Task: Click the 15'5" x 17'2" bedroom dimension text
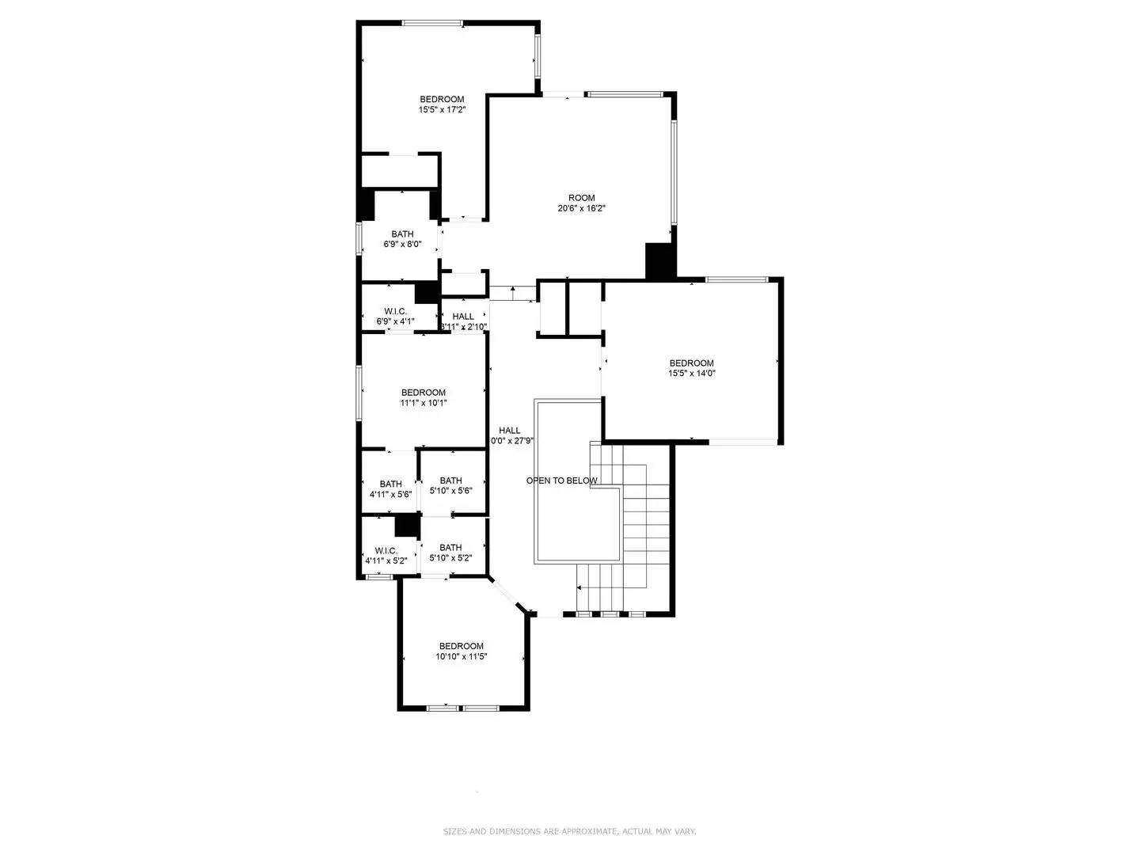pos(442,110)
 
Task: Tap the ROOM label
pos(581,198)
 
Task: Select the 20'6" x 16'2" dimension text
pos(581,209)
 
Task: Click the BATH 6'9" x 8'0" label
pos(402,239)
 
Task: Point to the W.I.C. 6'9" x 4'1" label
pos(395,317)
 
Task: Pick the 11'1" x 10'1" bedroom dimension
pos(424,403)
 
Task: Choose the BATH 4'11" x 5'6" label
pos(390,489)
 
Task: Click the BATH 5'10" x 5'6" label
pos(450,485)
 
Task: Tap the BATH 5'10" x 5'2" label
pos(450,553)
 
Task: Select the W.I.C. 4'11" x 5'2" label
pos(386,556)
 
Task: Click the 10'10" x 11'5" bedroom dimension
pos(461,656)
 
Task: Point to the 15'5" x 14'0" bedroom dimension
pos(691,374)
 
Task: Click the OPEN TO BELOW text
pos(562,481)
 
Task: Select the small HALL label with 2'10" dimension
pos(463,321)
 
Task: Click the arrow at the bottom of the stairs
pos(579,587)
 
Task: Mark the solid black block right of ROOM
pos(659,260)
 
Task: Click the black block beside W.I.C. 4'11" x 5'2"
pos(407,525)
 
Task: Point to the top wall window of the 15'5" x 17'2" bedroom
pos(432,23)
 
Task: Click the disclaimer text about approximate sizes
pos(569,831)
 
